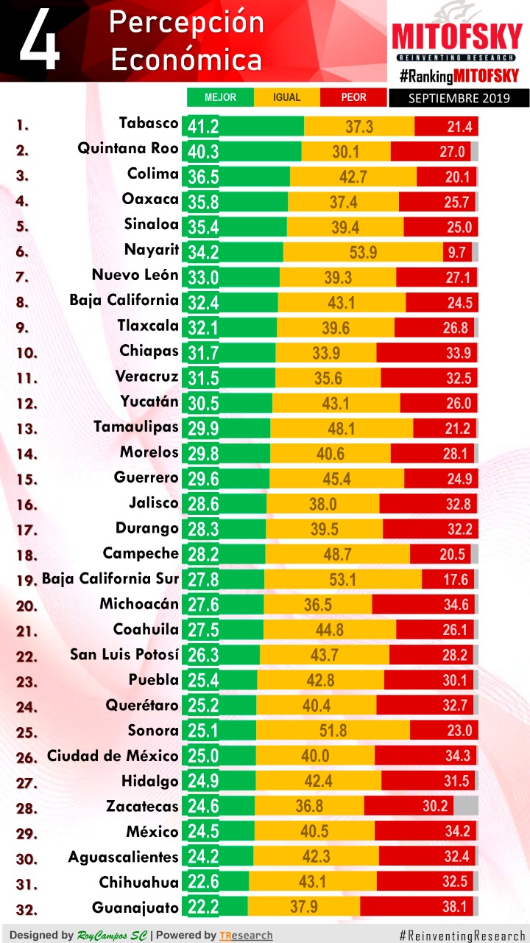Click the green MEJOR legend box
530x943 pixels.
point(220,97)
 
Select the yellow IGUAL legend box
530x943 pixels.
point(286,97)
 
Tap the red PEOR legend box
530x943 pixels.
point(353,97)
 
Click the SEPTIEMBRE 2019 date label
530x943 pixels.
point(459,98)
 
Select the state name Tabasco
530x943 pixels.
point(149,123)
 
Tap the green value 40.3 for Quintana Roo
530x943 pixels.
point(203,151)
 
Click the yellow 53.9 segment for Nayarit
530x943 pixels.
point(363,253)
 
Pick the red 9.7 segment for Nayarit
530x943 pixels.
point(457,253)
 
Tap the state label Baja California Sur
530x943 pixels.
point(110,578)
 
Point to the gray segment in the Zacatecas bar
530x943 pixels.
point(466,806)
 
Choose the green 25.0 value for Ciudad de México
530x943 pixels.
point(203,756)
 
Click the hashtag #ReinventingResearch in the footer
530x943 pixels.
point(462,935)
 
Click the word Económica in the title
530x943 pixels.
point(187,60)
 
